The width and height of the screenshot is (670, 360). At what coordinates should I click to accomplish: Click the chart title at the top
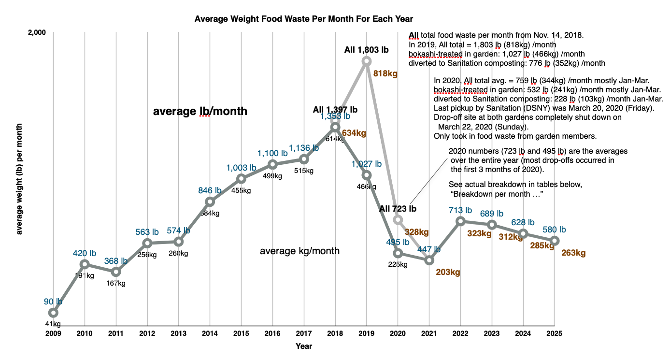click(303, 19)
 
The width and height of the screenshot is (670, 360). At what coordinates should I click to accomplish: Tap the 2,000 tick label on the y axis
click(37, 32)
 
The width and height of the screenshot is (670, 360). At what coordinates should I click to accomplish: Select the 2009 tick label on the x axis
click(53, 333)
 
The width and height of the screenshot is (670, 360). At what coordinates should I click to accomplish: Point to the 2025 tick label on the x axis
click(554, 333)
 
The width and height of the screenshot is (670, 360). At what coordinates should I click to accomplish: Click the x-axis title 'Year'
click(304, 346)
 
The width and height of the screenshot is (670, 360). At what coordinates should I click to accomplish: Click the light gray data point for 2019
click(367, 61)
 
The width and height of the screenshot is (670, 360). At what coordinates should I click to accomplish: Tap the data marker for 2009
click(53, 313)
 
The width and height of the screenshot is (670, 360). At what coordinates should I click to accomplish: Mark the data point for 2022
click(461, 221)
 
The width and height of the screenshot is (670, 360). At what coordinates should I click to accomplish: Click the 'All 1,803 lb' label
click(366, 49)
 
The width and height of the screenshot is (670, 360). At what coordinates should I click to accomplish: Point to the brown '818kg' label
click(385, 74)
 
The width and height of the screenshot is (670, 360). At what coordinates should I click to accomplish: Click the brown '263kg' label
click(573, 253)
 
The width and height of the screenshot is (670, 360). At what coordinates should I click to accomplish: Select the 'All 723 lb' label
click(398, 209)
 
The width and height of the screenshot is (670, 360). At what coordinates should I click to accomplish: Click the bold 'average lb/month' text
click(200, 112)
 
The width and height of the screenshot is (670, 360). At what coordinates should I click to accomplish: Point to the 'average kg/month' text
click(299, 251)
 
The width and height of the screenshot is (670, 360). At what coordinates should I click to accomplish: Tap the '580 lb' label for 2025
click(554, 230)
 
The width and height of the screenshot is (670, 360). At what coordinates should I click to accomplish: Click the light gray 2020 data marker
click(398, 220)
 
